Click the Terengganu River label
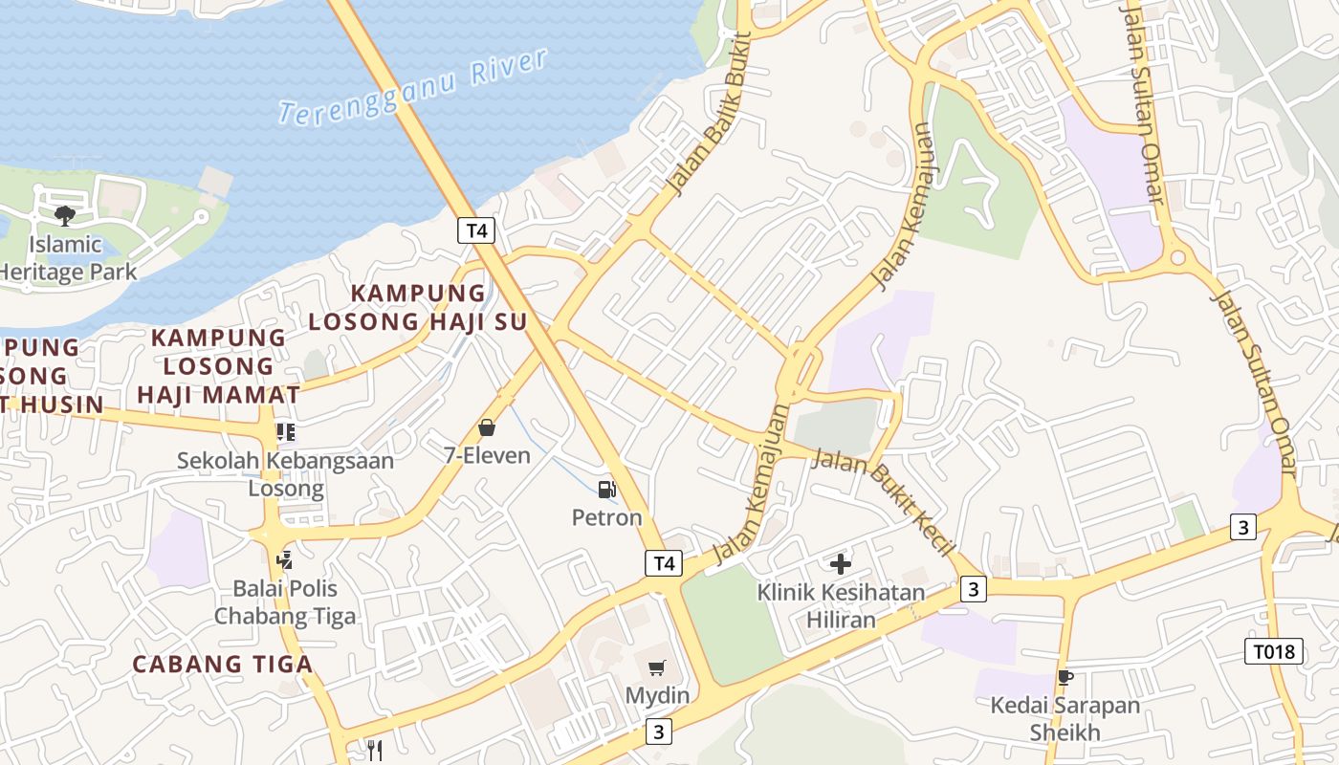point(413,87)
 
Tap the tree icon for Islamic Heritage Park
point(65,215)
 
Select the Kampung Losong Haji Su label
point(417,307)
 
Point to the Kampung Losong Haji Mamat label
point(218,365)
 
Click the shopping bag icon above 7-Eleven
point(487,427)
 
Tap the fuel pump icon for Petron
point(606,490)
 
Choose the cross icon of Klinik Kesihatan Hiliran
point(841,564)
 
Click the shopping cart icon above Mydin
point(656,667)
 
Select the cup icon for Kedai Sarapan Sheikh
point(1065,678)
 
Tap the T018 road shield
point(1275,652)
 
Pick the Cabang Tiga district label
point(222,664)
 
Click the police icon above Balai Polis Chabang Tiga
point(283,558)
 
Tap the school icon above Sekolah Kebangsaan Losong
point(285,432)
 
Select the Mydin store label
point(657,695)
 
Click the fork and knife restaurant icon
point(375,751)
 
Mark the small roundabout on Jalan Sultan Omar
point(1177,257)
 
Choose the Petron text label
point(606,517)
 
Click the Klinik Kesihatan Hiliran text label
point(841,605)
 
